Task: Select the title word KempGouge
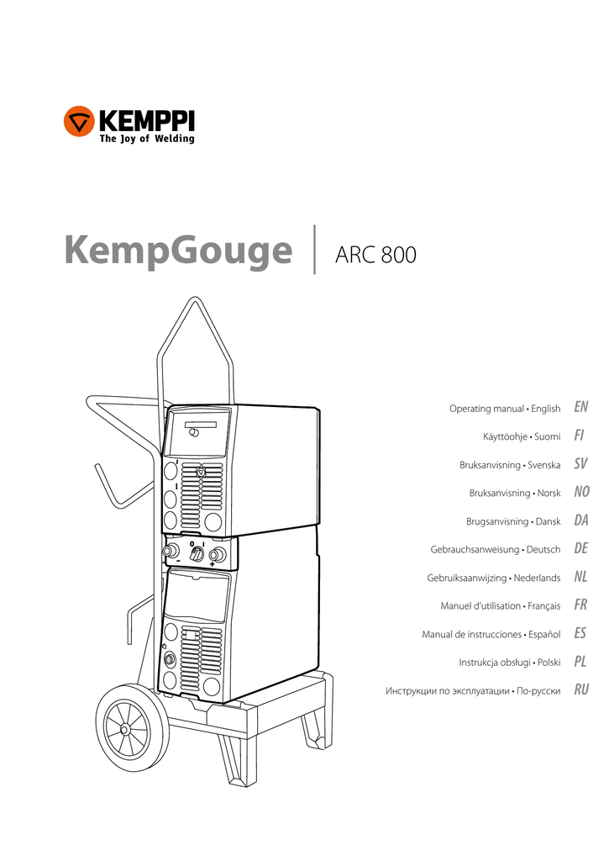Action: point(178,251)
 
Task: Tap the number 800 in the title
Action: point(398,255)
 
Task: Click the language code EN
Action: point(580,408)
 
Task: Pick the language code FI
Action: point(580,436)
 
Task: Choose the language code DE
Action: point(580,549)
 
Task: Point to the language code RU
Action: point(580,690)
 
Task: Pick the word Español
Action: point(542,635)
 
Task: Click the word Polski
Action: point(547,663)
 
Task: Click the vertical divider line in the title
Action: point(314,250)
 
